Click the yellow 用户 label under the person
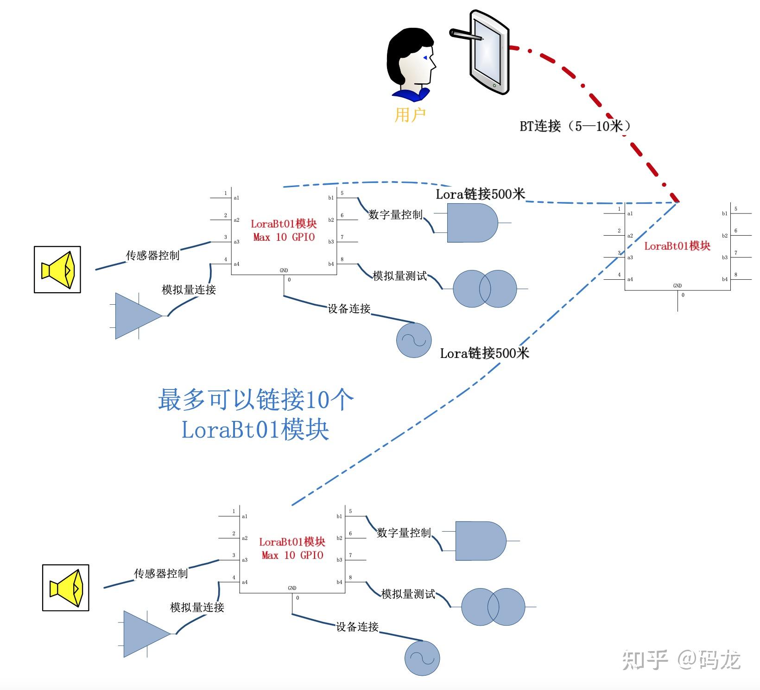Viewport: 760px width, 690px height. tap(410, 114)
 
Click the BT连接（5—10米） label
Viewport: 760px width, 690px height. tap(575, 126)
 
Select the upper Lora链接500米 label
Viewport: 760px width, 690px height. tap(480, 194)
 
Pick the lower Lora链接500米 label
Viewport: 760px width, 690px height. tap(484, 353)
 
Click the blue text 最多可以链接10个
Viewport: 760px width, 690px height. tap(255, 399)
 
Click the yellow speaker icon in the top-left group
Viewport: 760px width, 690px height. tap(57, 270)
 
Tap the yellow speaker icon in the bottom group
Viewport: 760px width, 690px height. tap(66, 588)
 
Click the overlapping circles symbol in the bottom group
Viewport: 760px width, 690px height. tap(493, 607)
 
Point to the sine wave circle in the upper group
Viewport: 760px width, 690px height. tap(413, 340)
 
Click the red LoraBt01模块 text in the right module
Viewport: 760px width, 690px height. tap(677, 246)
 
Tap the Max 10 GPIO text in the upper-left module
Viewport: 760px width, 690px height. tap(284, 237)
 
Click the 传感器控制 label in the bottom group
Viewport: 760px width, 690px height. tap(160, 573)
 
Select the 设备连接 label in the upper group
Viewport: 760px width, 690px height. tap(348, 308)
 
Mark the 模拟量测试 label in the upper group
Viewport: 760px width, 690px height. tap(399, 276)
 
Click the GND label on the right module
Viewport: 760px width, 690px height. tap(677, 286)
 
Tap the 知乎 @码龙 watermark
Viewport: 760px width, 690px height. tap(681, 659)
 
